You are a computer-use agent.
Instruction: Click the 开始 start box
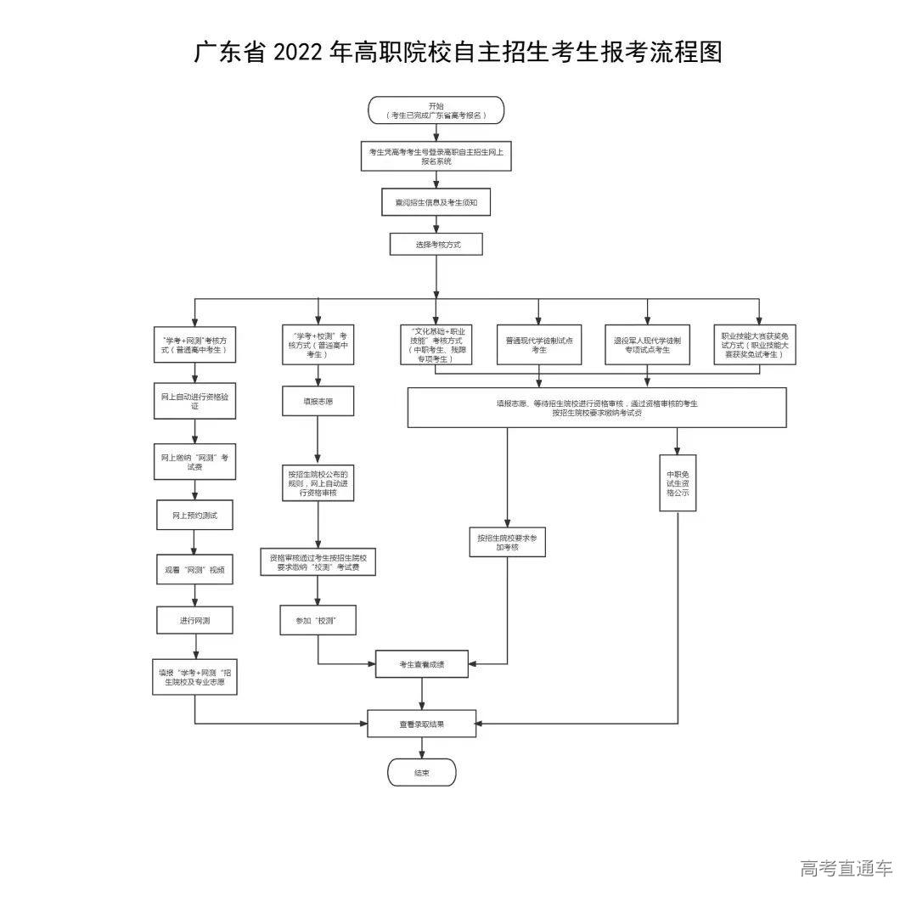point(436,110)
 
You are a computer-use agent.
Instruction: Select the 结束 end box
point(422,773)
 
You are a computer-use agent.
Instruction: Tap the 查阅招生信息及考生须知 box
point(436,203)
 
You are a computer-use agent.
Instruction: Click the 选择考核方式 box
point(436,244)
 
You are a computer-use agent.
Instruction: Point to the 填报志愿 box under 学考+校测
point(318,401)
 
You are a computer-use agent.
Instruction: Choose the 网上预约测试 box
point(194,516)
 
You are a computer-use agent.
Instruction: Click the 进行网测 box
point(194,620)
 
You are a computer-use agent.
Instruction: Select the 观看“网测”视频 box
point(194,570)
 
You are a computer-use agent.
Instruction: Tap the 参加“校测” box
point(318,620)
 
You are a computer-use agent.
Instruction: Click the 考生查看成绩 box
point(422,664)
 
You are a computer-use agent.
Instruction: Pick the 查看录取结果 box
point(422,724)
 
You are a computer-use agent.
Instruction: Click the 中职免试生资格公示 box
point(678,483)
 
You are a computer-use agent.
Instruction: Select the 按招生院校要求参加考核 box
point(507,542)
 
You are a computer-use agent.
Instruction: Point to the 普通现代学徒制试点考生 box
point(539,344)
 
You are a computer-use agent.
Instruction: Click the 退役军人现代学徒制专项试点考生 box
point(647,344)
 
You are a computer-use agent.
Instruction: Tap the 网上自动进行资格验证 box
point(194,401)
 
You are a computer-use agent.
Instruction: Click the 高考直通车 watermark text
point(846,868)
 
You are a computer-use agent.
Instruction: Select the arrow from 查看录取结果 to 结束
point(422,747)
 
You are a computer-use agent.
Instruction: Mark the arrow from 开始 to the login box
point(436,132)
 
